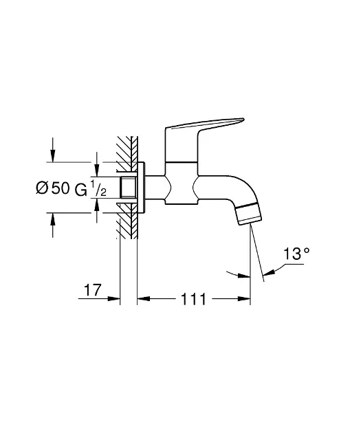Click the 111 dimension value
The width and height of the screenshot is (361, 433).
[x=193, y=299]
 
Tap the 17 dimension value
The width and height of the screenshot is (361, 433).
[x=93, y=290]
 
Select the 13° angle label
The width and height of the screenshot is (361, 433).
[x=296, y=254]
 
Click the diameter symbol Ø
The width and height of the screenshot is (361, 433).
[x=42, y=188]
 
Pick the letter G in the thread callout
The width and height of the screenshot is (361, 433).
[x=80, y=190]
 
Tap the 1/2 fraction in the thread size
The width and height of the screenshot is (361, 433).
[x=98, y=188]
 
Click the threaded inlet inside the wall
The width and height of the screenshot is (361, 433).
[x=129, y=187]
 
